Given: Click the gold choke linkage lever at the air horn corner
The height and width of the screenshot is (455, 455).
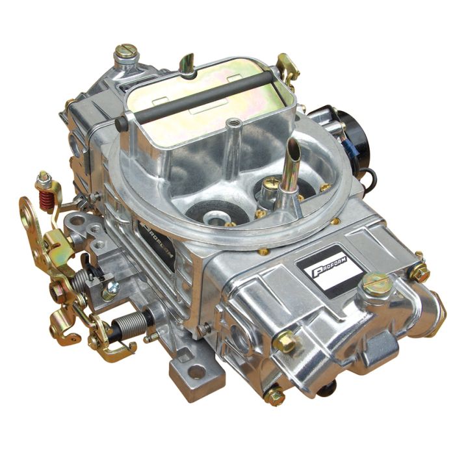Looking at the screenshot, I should pyautogui.click(x=286, y=65).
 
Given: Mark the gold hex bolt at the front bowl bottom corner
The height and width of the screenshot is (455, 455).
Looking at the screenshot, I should pyautogui.click(x=274, y=394).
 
